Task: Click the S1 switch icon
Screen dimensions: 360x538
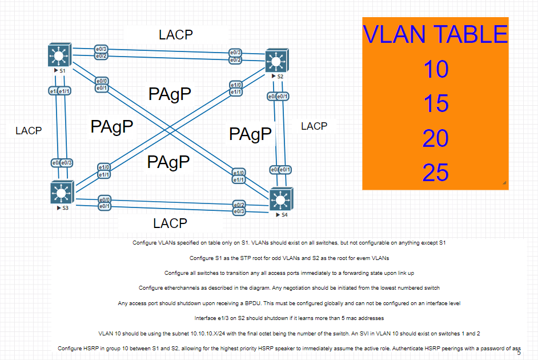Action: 58,55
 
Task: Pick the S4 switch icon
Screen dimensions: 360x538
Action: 280,199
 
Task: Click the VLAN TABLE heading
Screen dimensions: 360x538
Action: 435,34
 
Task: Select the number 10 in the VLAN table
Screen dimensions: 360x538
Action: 435,70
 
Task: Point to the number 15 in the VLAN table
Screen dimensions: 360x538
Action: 435,104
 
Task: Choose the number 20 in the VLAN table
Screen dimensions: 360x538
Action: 435,138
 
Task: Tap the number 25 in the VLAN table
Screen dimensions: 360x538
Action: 435,173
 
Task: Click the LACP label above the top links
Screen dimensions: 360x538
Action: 176,35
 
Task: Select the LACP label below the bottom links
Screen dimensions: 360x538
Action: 170,223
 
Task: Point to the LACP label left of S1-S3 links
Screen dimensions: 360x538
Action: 29,131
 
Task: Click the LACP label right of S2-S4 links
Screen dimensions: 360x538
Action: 314,126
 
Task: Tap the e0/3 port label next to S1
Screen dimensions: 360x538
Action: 102,50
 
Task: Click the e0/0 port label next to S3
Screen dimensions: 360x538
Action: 104,199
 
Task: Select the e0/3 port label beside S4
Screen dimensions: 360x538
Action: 239,211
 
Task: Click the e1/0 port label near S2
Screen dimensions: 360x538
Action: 236,85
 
